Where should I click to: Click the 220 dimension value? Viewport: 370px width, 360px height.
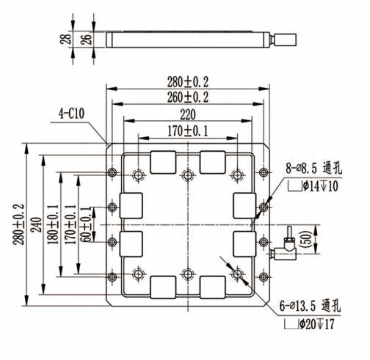point(189,114)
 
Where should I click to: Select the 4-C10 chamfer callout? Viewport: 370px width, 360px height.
point(73,114)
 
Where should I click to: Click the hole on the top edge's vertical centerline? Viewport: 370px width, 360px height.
point(189,174)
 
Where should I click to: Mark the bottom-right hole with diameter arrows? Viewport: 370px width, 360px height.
point(237,274)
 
